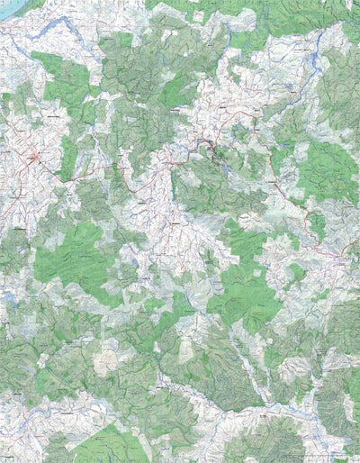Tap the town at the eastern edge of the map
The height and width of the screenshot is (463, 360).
tap(347, 258)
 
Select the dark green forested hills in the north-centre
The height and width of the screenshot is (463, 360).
tap(135, 72)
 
